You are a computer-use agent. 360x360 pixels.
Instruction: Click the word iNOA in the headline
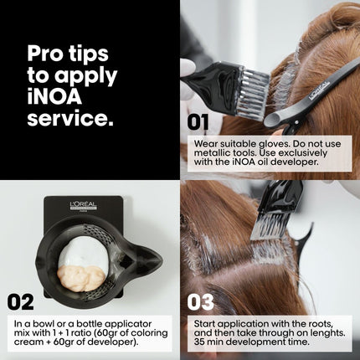[x=54, y=96]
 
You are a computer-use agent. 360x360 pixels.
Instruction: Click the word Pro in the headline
[x=44, y=54]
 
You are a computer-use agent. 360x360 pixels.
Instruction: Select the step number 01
[x=198, y=122]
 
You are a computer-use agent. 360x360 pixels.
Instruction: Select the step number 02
[x=20, y=302]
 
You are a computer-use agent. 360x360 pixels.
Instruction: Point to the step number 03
[x=200, y=302]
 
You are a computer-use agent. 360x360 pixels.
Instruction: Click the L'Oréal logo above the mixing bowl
[x=83, y=206]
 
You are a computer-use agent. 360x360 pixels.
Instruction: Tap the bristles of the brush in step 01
[x=253, y=92]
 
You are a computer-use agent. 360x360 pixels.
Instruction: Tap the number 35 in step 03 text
[x=200, y=342]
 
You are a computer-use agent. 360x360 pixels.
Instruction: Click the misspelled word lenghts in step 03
[x=328, y=333]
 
